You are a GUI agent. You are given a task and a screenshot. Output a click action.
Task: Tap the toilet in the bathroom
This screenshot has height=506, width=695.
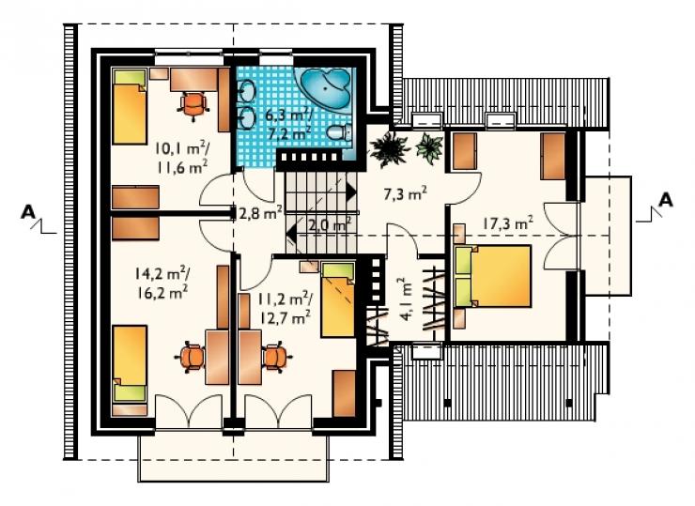pos(340,132)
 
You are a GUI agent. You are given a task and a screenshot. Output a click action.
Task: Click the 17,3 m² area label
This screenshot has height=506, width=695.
pos(507,223)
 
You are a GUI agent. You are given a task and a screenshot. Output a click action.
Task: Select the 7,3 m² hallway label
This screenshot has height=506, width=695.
pos(406,193)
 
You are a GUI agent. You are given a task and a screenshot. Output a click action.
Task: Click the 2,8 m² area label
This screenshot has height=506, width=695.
pos(261,213)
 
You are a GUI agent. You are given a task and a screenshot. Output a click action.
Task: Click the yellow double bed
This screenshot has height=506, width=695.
pos(493,276)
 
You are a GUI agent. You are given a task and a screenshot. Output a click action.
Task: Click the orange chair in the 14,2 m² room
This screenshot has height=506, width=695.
pos(191,357)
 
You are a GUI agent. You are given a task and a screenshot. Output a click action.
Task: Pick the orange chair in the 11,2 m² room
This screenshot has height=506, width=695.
pos(276,357)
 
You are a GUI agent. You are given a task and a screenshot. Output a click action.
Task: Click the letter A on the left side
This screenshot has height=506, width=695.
pos(28,213)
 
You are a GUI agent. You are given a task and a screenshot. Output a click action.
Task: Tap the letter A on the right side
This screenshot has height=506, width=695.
pos(665,201)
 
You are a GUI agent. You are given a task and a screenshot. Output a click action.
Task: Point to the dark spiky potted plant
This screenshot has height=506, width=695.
pos(390,148)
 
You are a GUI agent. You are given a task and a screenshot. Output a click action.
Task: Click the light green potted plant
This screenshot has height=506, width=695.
pos(429,147)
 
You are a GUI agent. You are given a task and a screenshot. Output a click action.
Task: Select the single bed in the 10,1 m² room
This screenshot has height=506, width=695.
pos(129,106)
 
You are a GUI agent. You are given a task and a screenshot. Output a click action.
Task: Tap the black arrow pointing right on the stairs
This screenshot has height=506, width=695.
pos(350,192)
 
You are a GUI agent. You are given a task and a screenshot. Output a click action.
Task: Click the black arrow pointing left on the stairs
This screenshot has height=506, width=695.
pos(292,233)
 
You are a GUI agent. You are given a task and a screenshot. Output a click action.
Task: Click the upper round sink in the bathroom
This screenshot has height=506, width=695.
pos(246,92)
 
